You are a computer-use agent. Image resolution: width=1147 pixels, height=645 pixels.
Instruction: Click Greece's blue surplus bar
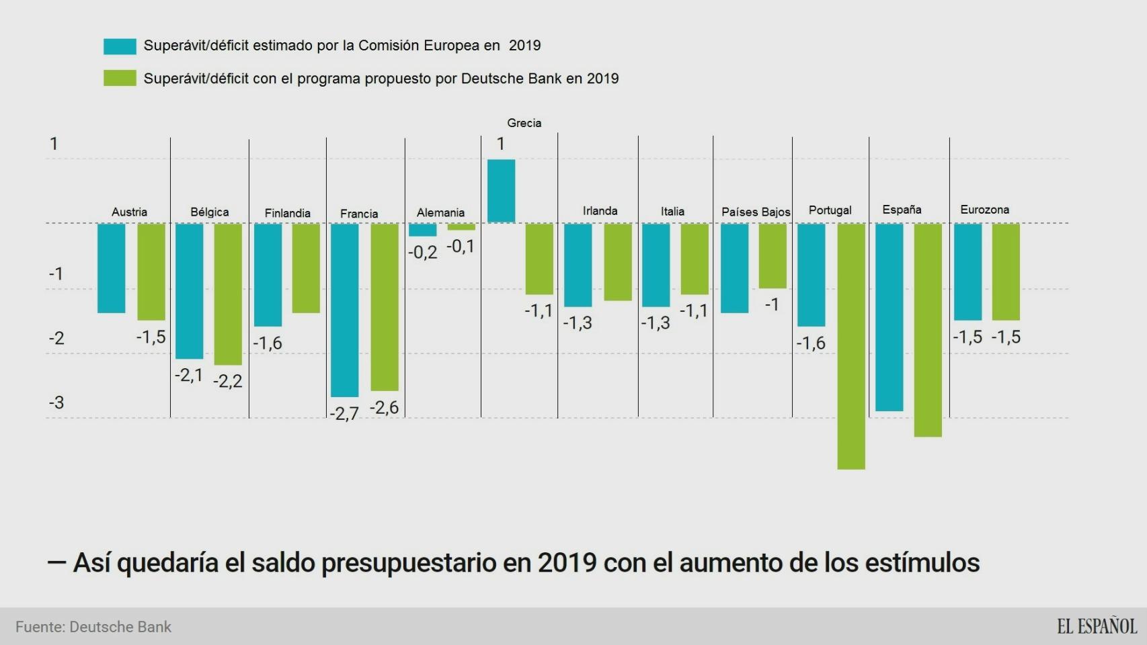coord(501,191)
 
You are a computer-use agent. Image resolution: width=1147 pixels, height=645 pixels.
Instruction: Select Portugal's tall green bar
coord(851,346)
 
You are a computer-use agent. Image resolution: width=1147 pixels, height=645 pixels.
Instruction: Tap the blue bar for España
coord(889,317)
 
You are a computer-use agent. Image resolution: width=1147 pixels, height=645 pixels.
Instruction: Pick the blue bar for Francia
coord(344,310)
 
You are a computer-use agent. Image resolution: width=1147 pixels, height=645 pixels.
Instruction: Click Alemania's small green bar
coord(461,227)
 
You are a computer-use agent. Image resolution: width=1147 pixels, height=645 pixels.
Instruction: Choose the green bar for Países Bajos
coord(773,256)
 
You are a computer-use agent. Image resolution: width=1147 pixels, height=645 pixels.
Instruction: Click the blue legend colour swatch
coord(120,46)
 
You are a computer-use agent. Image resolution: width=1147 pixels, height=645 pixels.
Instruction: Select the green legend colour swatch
coord(120,79)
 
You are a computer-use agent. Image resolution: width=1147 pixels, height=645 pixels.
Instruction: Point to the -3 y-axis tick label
coord(56,402)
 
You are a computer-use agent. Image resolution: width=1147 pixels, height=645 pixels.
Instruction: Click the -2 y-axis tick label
coord(56,338)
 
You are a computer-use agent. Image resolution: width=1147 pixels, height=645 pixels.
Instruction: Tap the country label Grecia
coord(524,123)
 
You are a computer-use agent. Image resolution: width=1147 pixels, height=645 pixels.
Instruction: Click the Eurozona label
coord(984,210)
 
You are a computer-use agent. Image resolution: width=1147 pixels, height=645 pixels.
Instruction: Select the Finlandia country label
coord(287,213)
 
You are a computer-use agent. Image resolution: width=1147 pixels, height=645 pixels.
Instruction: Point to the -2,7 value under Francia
coord(344,413)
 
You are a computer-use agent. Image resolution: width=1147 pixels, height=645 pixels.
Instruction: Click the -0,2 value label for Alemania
coord(422,253)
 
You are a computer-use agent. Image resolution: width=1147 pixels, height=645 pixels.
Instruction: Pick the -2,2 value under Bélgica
coord(227,382)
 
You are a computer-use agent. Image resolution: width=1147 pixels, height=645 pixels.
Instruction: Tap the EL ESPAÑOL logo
coord(1097,626)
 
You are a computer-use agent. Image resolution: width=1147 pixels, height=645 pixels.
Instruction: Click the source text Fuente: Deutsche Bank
coord(93,627)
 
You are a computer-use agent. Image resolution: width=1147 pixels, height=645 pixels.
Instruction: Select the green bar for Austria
coord(151,271)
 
